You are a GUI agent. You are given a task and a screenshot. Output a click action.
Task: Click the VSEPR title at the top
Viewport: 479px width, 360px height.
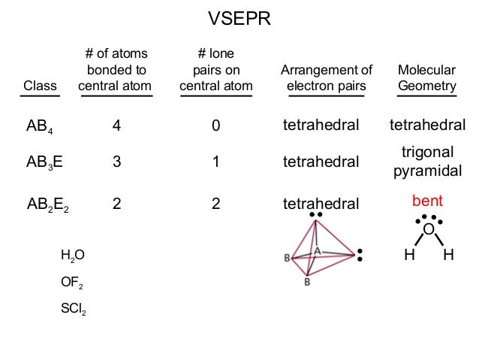pos(239,17)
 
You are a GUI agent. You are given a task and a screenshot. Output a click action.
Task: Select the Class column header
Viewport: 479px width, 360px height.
pos(40,86)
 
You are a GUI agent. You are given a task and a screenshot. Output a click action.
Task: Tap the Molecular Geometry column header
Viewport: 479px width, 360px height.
pos(426,78)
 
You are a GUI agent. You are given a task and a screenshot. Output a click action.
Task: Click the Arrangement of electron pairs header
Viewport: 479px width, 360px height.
pos(326,78)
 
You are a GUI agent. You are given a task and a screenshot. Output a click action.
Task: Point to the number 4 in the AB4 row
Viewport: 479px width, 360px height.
pos(116,126)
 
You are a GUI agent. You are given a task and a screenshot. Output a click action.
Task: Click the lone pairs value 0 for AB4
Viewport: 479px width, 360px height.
pos(215,126)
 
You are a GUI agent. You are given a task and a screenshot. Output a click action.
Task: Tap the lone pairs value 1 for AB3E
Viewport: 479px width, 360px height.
pos(215,161)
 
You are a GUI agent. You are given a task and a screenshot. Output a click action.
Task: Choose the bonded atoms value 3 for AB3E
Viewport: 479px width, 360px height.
pos(116,161)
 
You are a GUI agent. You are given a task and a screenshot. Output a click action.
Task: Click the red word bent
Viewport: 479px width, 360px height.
pos(426,201)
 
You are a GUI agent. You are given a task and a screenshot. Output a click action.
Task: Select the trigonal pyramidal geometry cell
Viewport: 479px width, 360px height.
pos(426,162)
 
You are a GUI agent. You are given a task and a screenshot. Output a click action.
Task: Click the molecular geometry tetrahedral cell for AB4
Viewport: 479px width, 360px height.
pos(426,125)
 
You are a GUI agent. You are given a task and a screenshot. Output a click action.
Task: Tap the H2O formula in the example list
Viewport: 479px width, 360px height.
pos(73,256)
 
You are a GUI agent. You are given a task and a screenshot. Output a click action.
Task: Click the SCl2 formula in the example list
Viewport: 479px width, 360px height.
pos(73,308)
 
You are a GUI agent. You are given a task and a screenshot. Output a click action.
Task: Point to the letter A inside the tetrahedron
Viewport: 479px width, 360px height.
pos(317,250)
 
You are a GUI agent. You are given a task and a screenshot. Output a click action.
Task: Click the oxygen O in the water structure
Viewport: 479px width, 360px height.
pos(428,229)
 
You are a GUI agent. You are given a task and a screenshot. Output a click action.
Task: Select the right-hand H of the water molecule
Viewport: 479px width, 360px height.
pos(448,255)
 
